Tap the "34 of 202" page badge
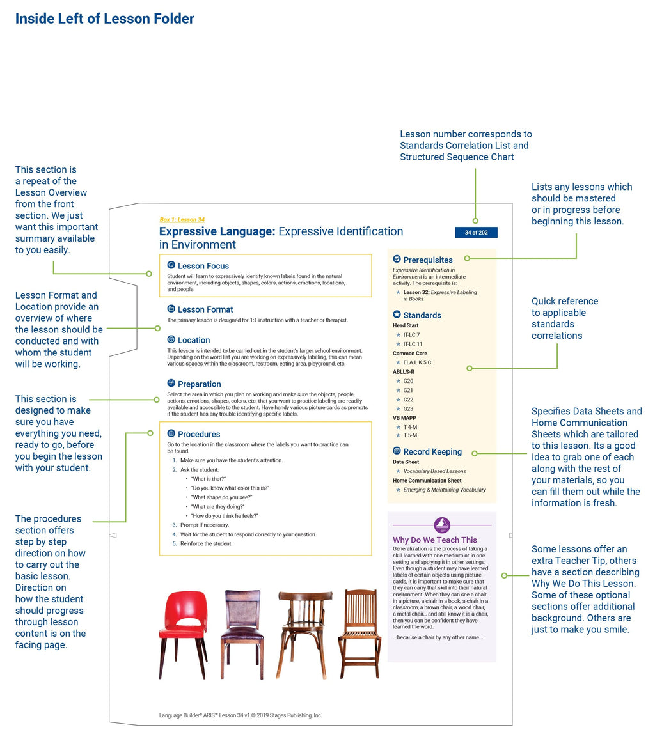pyautogui.click(x=476, y=233)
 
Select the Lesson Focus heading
pyautogui.click(x=203, y=266)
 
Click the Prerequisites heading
pyautogui.click(x=427, y=260)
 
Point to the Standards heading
pyautogui.click(x=422, y=315)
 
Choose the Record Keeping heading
pyautogui.click(x=432, y=452)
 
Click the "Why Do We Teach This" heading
pyautogui.click(x=435, y=540)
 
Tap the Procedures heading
pyautogui.click(x=199, y=434)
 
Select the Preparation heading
pyautogui.click(x=199, y=384)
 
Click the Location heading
pyautogui.click(x=194, y=340)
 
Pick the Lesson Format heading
pyautogui.click(x=205, y=309)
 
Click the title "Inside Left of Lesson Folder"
pyautogui.click(x=105, y=19)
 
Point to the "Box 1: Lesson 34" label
pyautogui.click(x=182, y=220)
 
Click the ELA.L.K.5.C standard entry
pyautogui.click(x=417, y=362)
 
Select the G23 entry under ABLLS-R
pyautogui.click(x=408, y=409)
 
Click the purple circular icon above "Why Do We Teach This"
pyautogui.click(x=442, y=525)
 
